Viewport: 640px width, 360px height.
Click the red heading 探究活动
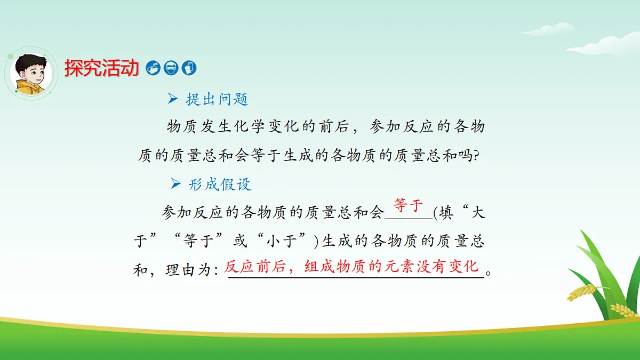pyautogui.click(x=101, y=68)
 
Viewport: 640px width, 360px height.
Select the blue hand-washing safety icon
pyautogui.click(x=153, y=68)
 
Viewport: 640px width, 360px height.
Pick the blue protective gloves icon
pyautogui.click(x=189, y=68)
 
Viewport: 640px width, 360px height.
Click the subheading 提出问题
pyautogui.click(x=217, y=99)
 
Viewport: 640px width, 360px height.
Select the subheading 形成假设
pyautogui.click(x=219, y=185)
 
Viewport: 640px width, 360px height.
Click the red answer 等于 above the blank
pyautogui.click(x=408, y=205)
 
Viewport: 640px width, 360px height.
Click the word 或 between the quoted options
pyautogui.click(x=241, y=242)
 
